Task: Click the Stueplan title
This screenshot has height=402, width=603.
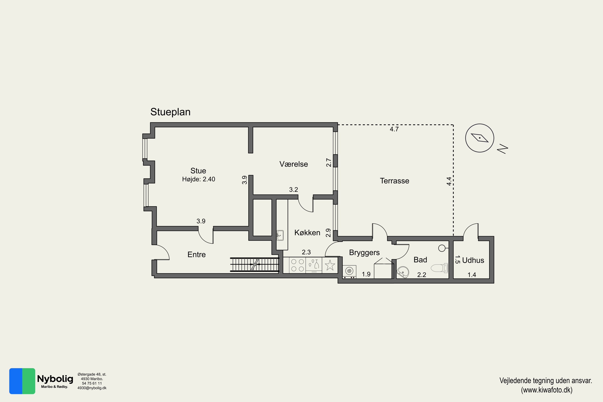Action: pos(170,112)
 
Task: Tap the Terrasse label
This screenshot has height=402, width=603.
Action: pos(394,181)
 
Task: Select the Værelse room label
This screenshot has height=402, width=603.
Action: pos(293,164)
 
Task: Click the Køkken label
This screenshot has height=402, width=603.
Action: pos(307,233)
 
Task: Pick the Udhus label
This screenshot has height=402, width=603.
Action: pos(473,260)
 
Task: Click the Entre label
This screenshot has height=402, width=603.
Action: pos(196,255)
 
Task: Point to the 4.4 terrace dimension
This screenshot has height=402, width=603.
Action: pos(449,181)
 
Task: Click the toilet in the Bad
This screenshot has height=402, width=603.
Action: pos(439,268)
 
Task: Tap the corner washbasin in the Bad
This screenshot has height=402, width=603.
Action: pos(403,272)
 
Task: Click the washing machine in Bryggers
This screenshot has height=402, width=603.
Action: pos(349,272)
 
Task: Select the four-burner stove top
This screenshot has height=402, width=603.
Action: pos(297,265)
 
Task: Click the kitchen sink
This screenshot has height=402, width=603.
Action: pos(280,235)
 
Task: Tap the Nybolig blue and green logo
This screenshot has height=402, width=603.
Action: pos(22,381)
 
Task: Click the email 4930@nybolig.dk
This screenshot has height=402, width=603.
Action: pos(92,388)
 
